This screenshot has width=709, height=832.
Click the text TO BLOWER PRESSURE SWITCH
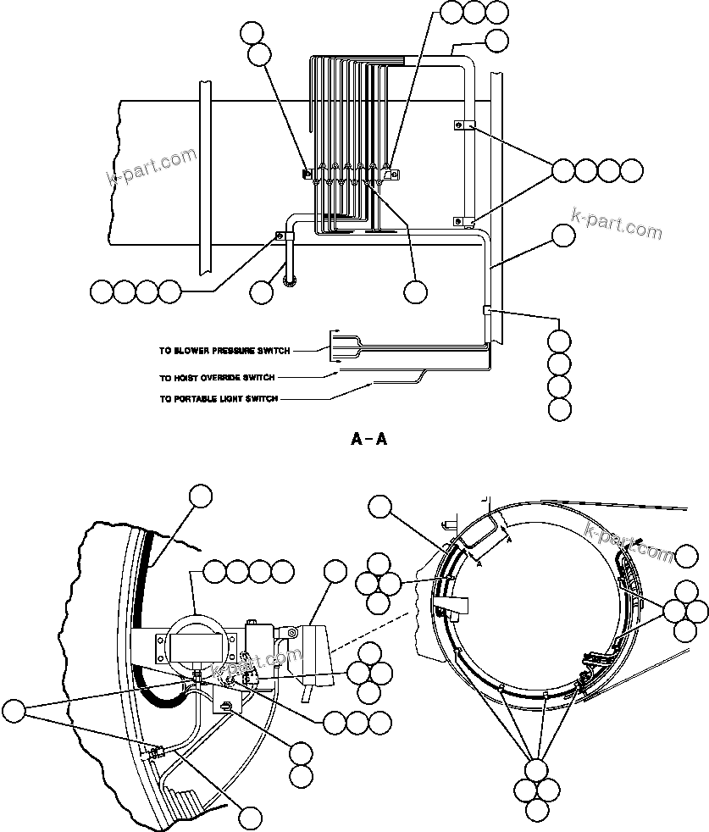[224, 350]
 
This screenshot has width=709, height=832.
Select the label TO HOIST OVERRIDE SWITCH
[217, 378]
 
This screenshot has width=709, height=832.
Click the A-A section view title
[369, 440]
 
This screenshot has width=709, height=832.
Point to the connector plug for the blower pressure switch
[338, 341]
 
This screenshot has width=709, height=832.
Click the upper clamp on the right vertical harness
[462, 125]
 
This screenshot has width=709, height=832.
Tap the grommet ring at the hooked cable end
[291, 281]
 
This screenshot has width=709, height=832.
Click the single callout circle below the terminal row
[415, 291]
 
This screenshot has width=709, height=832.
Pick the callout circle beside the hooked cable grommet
[263, 292]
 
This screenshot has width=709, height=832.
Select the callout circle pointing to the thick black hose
[201, 496]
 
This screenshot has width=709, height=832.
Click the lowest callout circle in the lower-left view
[249, 818]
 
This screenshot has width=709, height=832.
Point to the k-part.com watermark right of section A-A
[617, 224]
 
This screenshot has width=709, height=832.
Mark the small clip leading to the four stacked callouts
[486, 312]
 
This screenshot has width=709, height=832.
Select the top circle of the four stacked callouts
[560, 341]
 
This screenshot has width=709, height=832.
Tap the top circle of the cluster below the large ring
[537, 770]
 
